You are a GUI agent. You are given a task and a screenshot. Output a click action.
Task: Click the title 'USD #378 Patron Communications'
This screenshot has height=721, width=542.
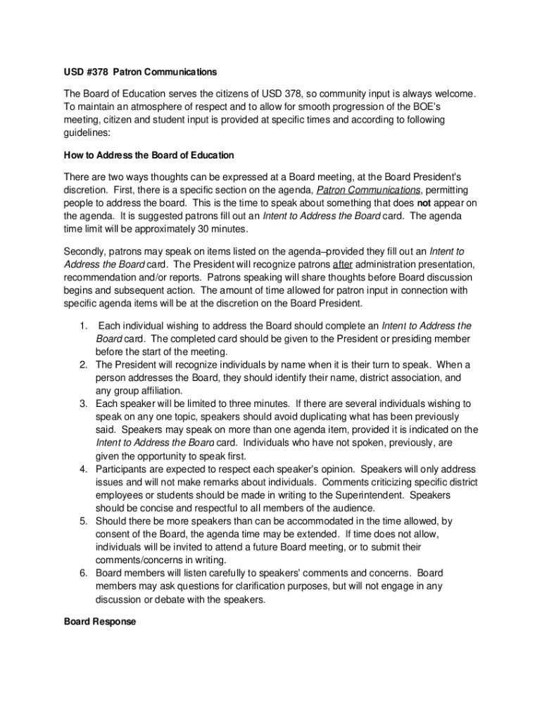coord(140,72)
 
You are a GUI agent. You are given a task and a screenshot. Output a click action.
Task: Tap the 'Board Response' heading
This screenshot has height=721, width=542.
coord(99,622)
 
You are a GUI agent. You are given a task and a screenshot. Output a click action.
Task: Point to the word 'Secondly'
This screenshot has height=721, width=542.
coord(85,251)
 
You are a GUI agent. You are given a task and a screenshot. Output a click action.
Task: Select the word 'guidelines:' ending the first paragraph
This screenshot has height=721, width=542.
coord(87,132)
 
